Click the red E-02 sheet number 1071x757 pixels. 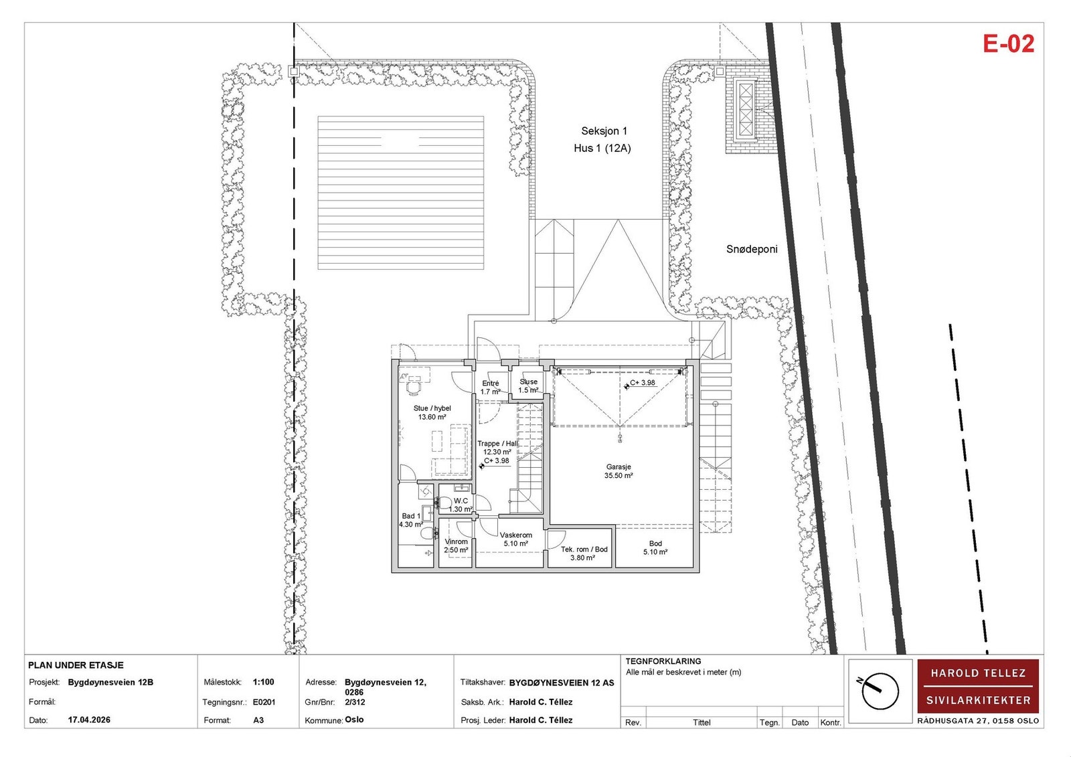click(1008, 44)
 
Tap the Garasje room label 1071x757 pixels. click(619, 471)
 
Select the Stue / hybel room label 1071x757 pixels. click(432, 412)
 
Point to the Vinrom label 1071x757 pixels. click(456, 545)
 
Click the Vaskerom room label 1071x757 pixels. click(516, 539)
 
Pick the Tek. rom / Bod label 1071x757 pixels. click(584, 554)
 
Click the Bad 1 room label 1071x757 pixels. click(411, 520)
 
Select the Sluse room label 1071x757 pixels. click(528, 386)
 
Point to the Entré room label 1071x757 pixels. click(491, 388)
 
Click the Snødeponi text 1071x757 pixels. click(752, 249)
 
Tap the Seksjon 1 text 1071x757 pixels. click(604, 131)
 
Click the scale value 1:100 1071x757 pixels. click(264, 683)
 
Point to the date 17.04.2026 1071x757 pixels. click(89, 720)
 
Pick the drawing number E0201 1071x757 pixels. click(264, 703)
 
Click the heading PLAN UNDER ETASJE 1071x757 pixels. click(76, 665)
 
